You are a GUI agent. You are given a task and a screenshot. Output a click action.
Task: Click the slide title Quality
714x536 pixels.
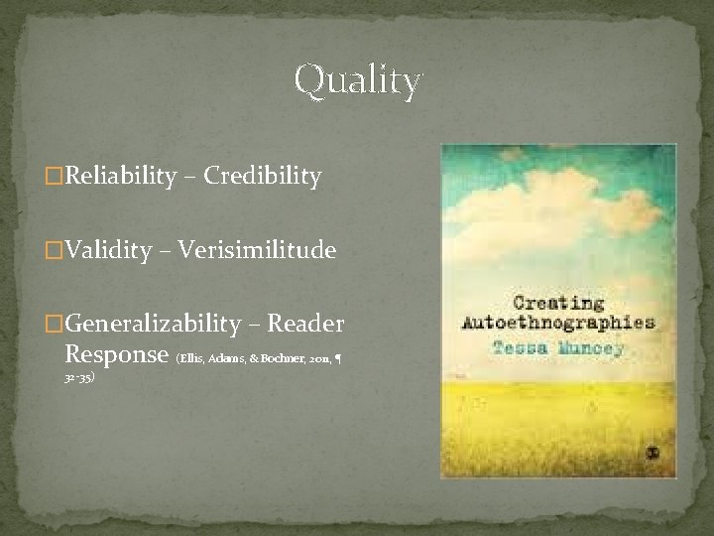pyautogui.click(x=358, y=80)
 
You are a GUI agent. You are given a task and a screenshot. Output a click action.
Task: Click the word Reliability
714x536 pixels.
pyautogui.click(x=126, y=177)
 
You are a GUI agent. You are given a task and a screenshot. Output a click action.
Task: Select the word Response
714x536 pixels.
pyautogui.click(x=116, y=353)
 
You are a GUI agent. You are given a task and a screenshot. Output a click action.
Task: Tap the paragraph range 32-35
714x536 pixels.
pyautogui.click(x=78, y=378)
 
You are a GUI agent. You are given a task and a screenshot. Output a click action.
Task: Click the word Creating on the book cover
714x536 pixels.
pyautogui.click(x=559, y=303)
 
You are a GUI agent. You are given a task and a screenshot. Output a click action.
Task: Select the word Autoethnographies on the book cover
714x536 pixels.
pyautogui.click(x=559, y=323)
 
